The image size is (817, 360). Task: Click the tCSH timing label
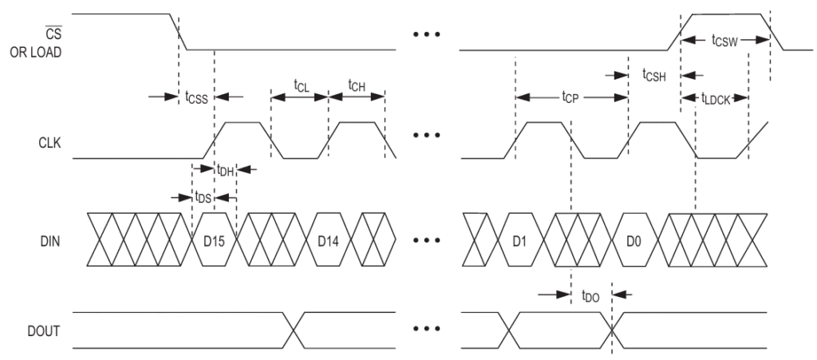[655, 75]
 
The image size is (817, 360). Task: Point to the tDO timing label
[591, 295]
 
